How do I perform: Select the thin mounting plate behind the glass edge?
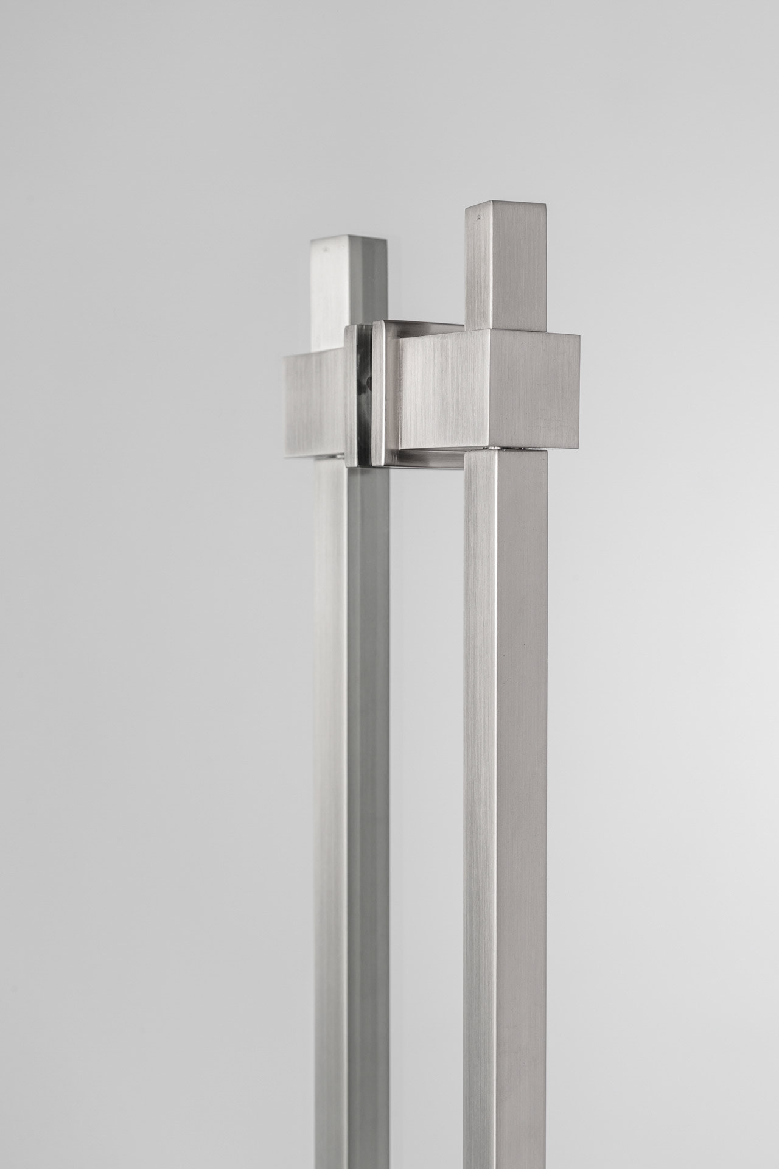point(350,396)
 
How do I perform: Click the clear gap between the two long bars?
point(426,731)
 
